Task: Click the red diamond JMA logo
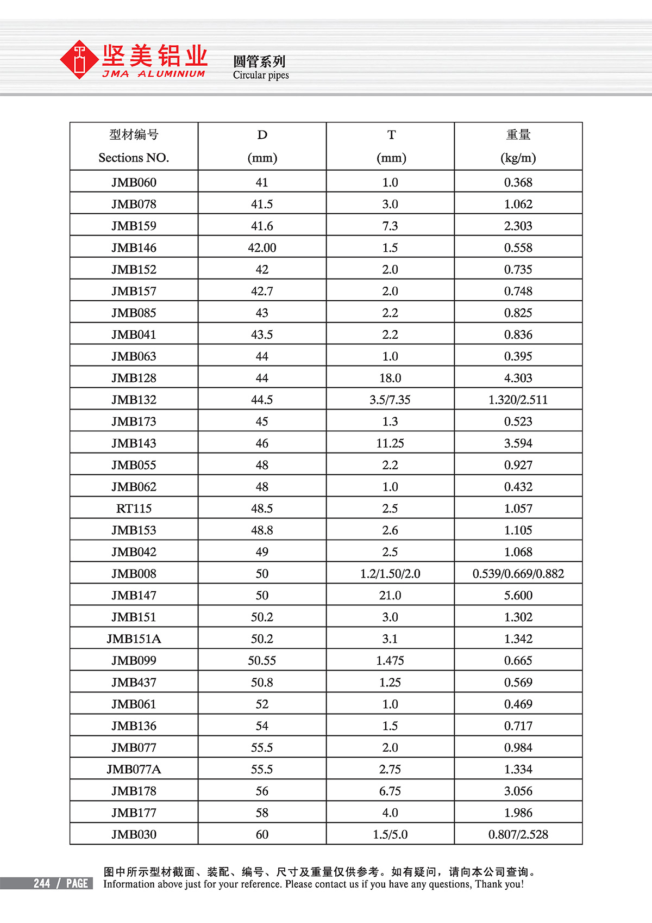[x=80, y=59]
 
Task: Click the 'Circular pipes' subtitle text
[x=261, y=75]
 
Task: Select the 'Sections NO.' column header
[x=134, y=158]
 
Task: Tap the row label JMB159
[x=134, y=226]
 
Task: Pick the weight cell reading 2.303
[x=518, y=226]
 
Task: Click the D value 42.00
[x=262, y=247]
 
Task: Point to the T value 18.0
[x=390, y=378]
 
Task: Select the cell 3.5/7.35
[x=390, y=400]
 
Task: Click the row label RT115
[x=134, y=509]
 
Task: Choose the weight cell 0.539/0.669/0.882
[x=518, y=574]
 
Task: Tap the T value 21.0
[x=390, y=596]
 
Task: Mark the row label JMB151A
[x=134, y=639]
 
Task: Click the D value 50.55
[x=262, y=661]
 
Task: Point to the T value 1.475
[x=390, y=661]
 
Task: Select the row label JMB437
[x=134, y=683]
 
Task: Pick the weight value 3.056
[x=518, y=791]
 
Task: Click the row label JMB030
[x=134, y=835]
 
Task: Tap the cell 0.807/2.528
[x=518, y=835]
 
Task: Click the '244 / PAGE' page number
[x=60, y=883]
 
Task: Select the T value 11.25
[x=390, y=443]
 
